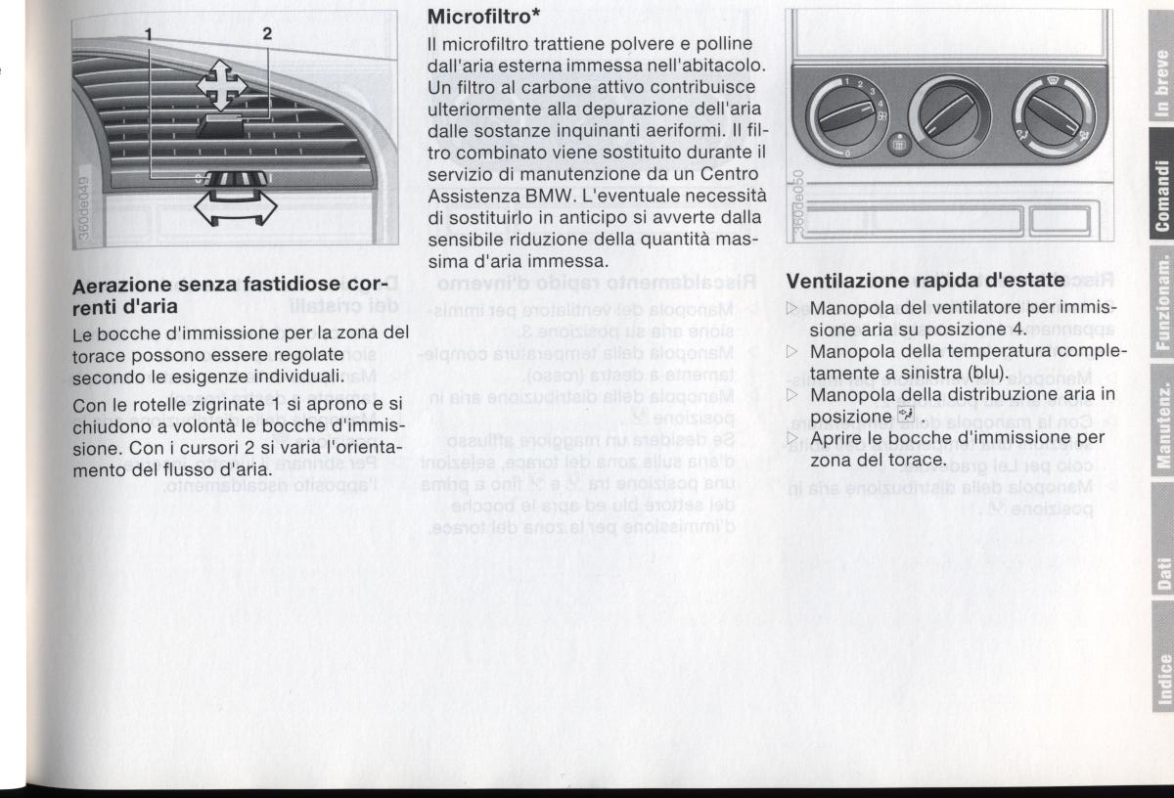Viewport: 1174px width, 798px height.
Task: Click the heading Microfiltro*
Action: [475, 17]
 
